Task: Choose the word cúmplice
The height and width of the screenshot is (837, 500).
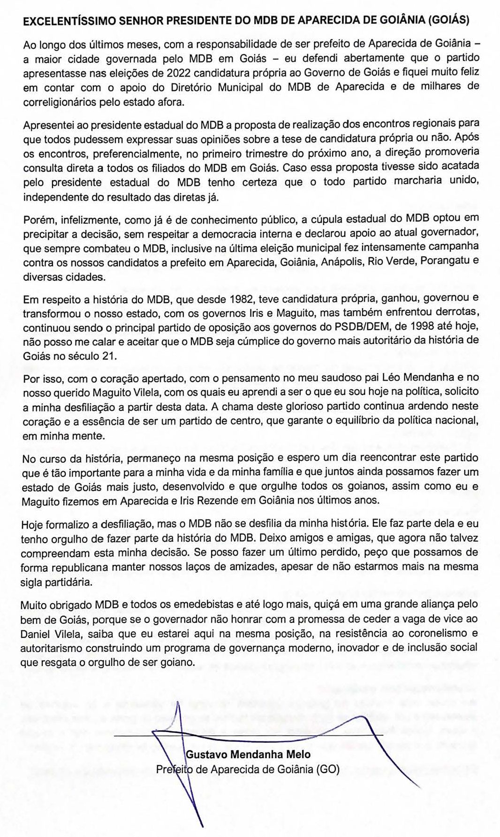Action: (x=260, y=341)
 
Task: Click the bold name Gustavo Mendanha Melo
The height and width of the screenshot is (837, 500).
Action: (x=248, y=755)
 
